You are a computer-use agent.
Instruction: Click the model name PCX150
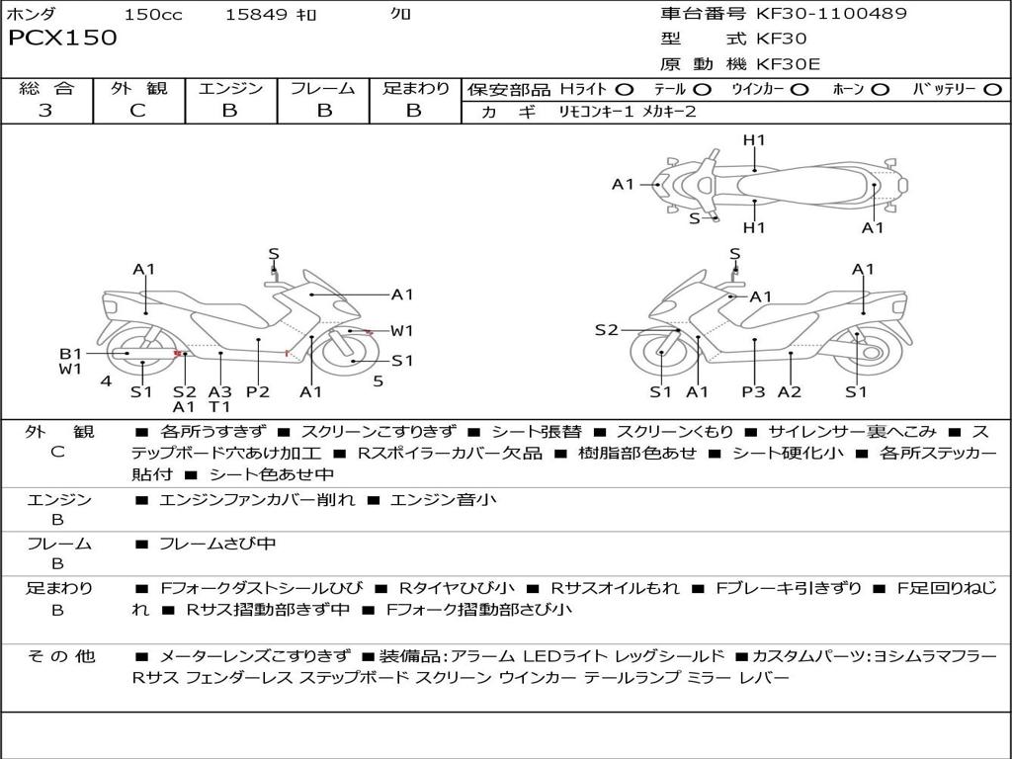point(62,39)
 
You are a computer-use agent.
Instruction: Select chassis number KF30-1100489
point(831,14)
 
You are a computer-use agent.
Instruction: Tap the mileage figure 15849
point(256,15)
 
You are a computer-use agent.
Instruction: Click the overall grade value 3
point(45,111)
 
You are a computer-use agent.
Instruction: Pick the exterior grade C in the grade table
point(137,111)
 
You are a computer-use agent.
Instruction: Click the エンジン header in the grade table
point(230,88)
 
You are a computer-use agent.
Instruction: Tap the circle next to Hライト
point(624,89)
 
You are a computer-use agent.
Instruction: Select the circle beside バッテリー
point(992,89)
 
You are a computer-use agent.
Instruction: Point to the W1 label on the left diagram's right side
point(401,331)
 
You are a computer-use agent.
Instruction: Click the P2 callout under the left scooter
point(258,392)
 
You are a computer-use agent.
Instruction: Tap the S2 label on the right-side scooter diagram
point(606,330)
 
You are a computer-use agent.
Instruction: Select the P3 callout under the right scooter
point(754,392)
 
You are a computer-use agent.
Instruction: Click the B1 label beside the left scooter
point(70,354)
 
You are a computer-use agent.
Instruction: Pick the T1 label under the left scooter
point(219,406)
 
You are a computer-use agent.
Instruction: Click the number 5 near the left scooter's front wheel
point(378,380)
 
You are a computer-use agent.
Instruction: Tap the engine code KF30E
point(789,64)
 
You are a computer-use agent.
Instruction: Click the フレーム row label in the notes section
point(58,544)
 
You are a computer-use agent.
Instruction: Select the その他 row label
point(59,656)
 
